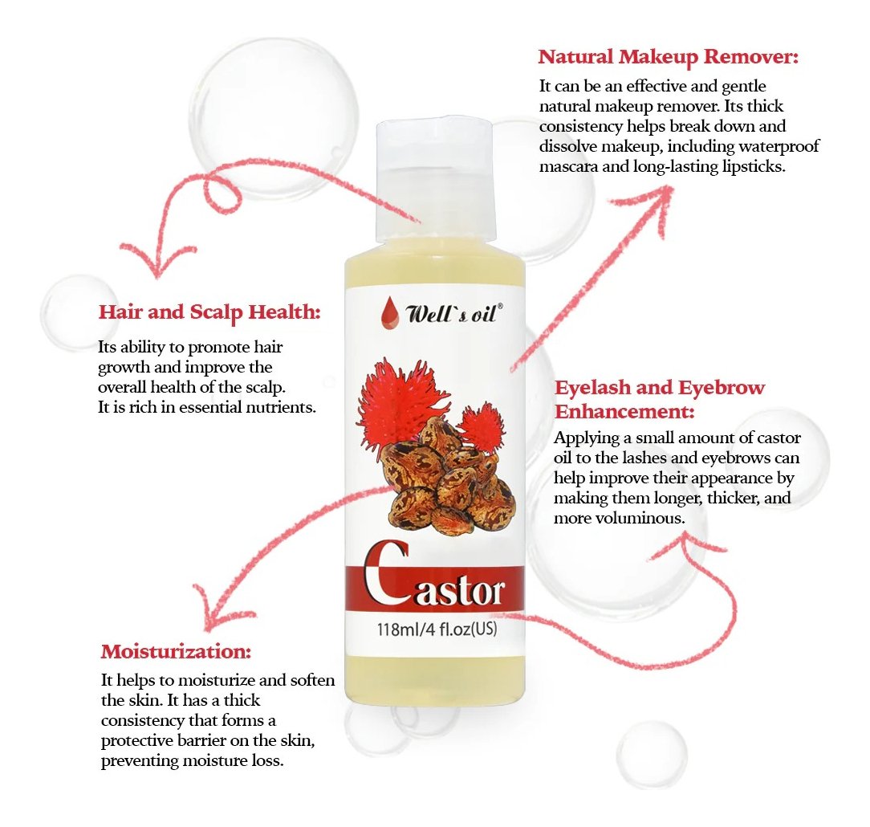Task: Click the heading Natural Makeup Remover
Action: pos(668,57)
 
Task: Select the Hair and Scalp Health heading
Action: pos(209,312)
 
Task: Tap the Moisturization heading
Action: pos(176,651)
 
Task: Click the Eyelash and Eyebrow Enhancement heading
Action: pos(659,399)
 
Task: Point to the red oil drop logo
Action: pos(390,313)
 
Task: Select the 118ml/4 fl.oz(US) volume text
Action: pos(437,629)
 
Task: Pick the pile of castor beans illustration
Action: pos(447,477)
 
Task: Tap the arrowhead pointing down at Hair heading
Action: pos(157,262)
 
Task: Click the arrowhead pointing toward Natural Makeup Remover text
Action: pos(653,206)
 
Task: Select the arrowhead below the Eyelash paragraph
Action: pos(685,544)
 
